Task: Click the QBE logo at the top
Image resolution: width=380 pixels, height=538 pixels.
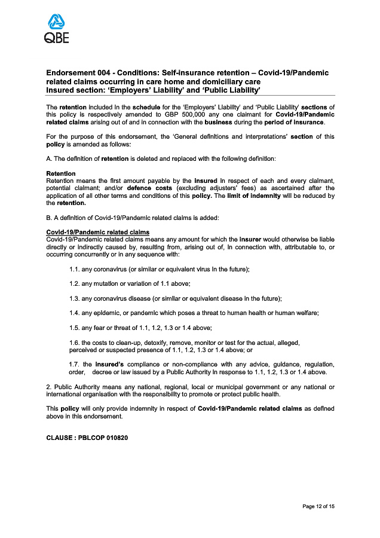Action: click(57, 29)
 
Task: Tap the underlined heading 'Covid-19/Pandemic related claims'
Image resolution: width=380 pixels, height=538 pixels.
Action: click(97, 233)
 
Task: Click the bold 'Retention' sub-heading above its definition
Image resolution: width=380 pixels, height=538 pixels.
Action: click(61, 174)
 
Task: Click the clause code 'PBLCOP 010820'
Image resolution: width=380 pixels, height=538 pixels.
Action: click(103, 438)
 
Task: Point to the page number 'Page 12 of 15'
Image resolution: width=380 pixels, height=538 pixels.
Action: click(318, 507)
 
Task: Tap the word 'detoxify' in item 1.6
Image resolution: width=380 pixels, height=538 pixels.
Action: click(149, 343)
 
